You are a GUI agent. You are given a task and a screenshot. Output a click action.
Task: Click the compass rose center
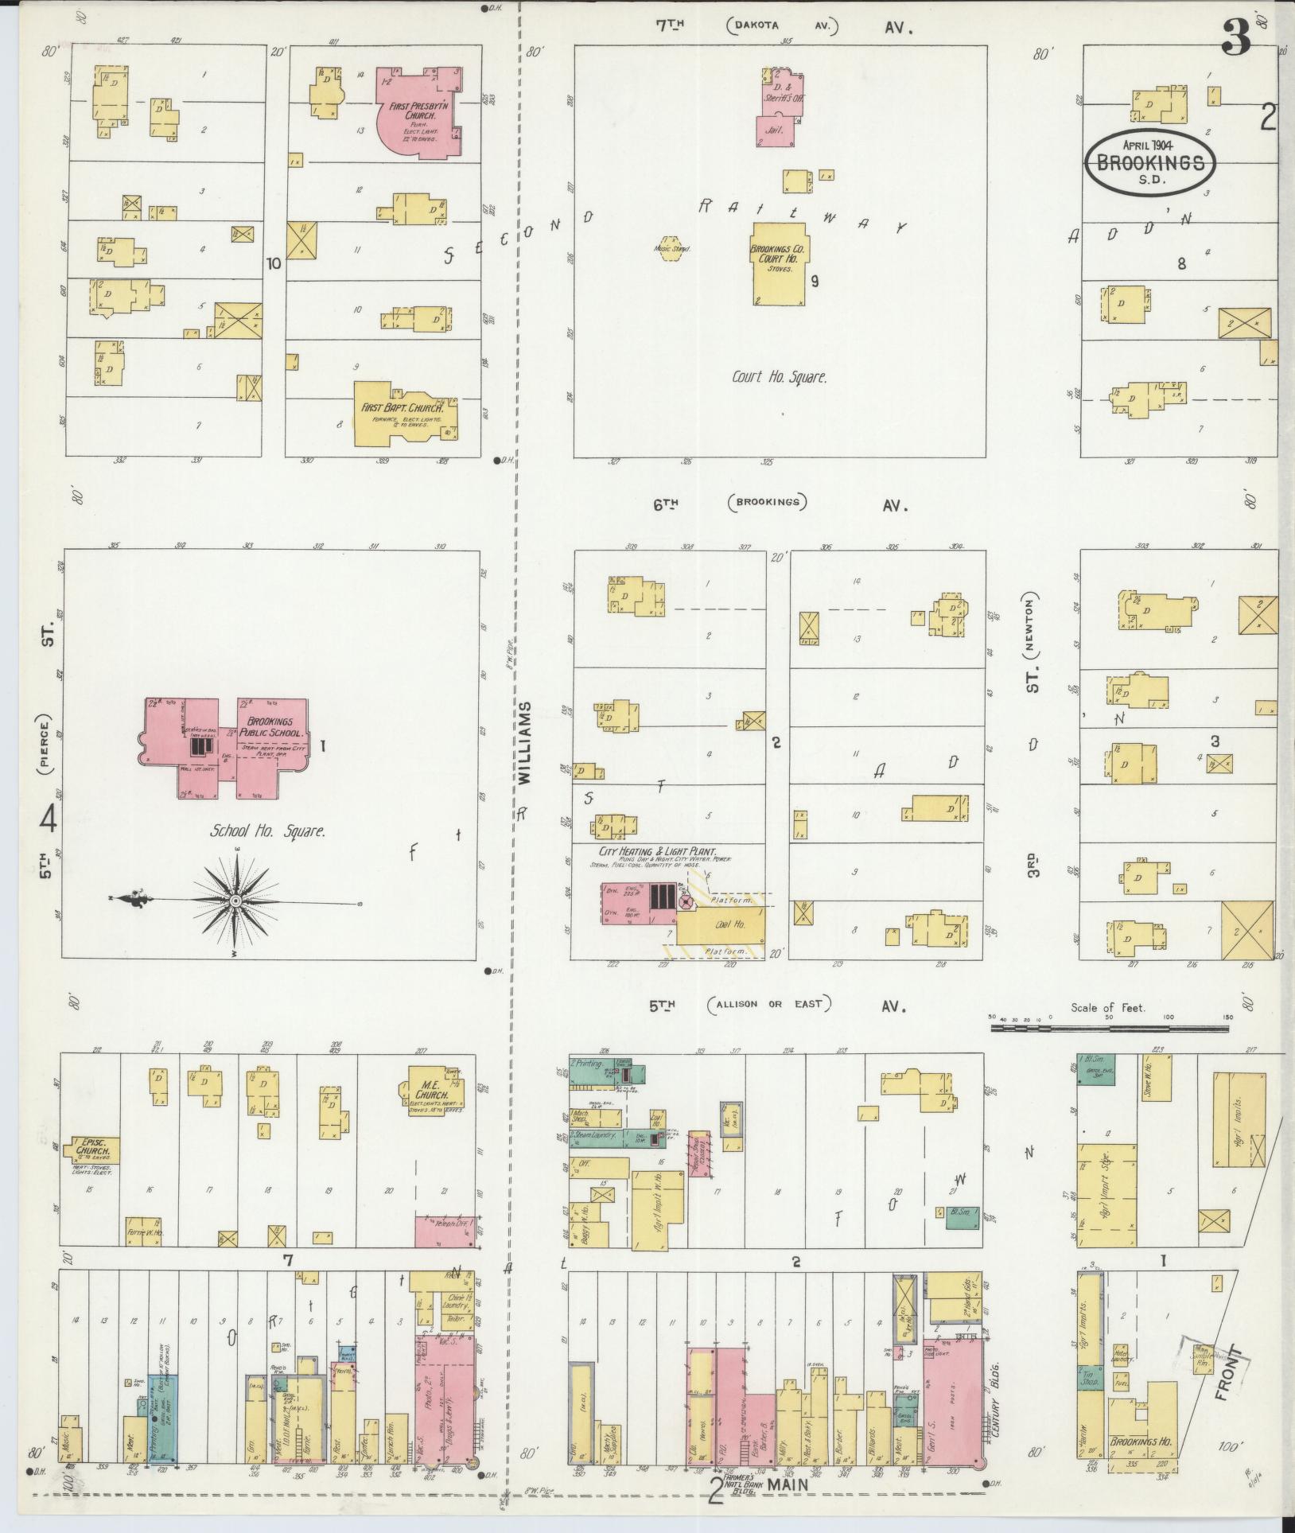(235, 900)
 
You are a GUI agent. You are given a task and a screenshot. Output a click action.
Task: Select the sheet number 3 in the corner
(1237, 36)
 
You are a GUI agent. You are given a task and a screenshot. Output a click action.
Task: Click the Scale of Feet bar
(1109, 1028)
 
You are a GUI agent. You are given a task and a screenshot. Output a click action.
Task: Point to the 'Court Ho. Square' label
(779, 377)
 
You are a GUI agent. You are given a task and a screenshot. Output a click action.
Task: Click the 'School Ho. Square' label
(267, 831)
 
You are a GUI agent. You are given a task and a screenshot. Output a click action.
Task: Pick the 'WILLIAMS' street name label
(524, 744)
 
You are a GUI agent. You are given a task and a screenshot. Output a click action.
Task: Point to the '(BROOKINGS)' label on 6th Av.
(766, 502)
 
